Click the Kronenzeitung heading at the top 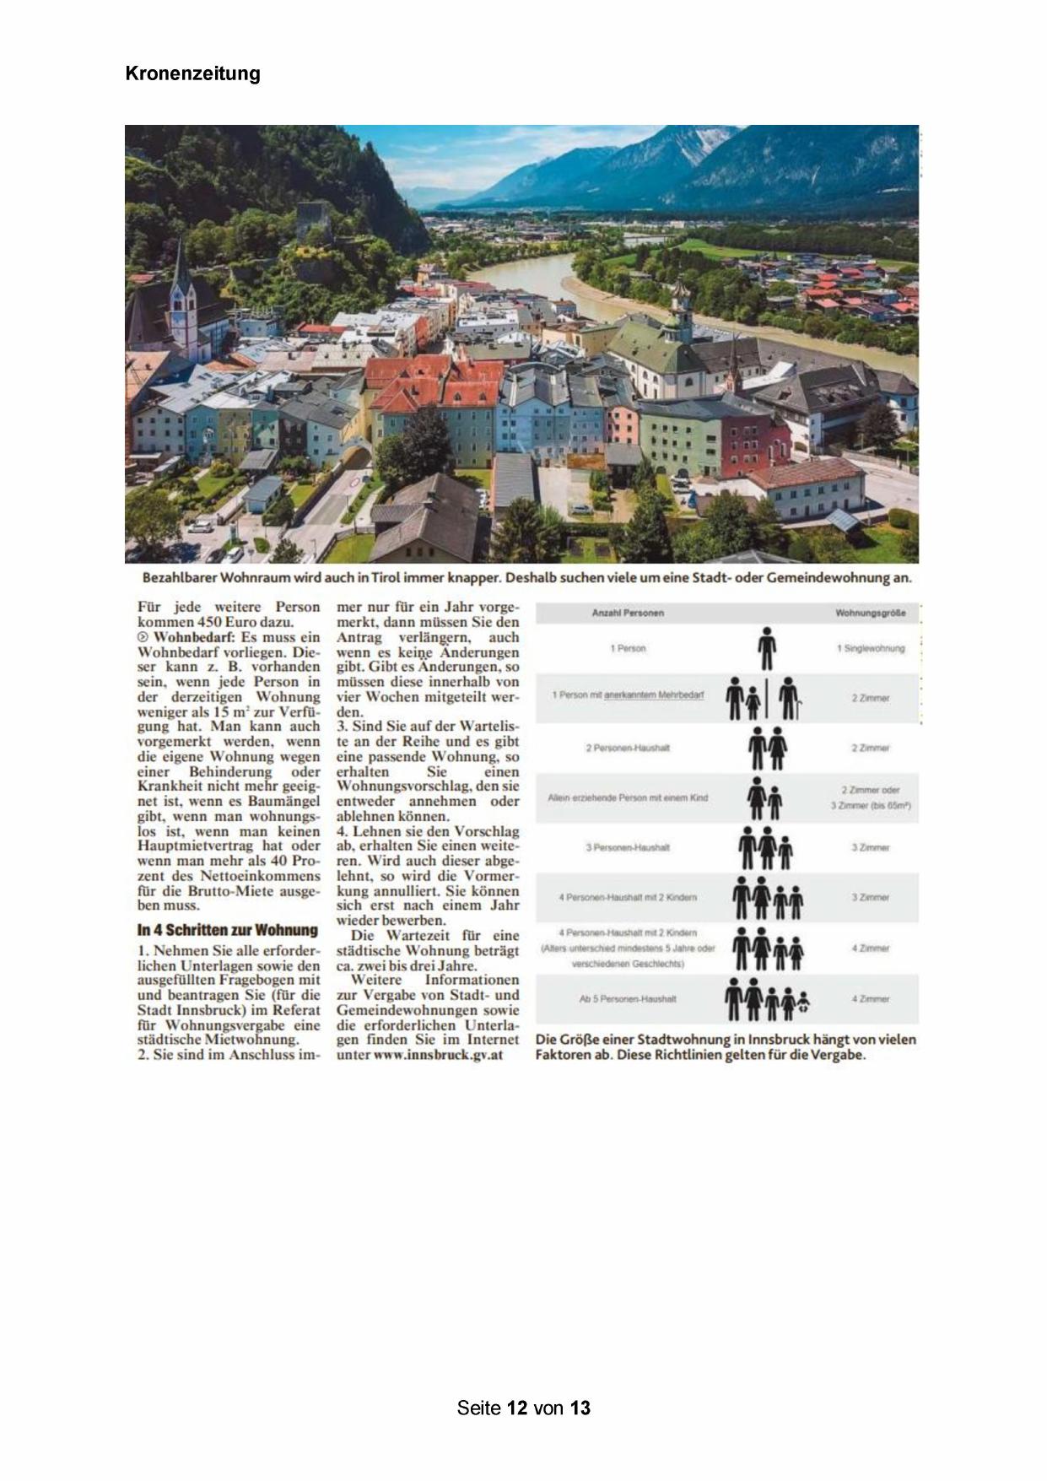(192, 73)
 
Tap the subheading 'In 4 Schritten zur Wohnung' (227, 930)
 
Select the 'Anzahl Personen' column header (628, 613)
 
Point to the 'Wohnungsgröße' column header (870, 613)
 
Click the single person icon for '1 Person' (766, 648)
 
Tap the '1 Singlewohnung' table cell (870, 648)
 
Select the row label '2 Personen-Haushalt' (628, 748)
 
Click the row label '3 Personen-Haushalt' (628, 847)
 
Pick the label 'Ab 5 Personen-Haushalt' (628, 998)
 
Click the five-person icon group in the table (767, 998)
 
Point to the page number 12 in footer (517, 1408)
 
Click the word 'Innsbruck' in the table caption (783, 1040)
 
